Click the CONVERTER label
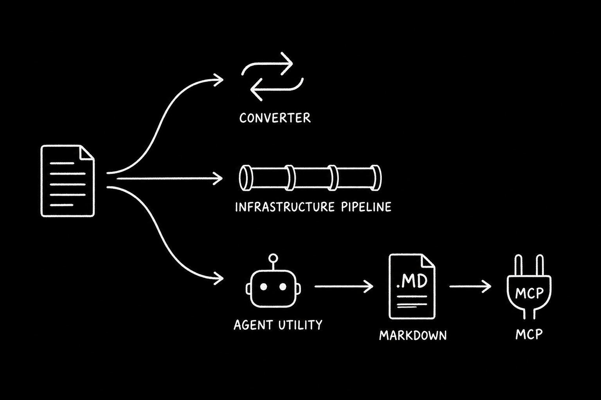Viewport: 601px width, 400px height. pyautogui.click(x=275, y=118)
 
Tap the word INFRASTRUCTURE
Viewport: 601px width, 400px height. pyautogui.click(x=284, y=207)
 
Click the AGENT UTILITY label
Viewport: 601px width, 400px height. pyautogui.click(x=278, y=325)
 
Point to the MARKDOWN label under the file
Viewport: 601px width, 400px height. pyautogui.click(x=413, y=335)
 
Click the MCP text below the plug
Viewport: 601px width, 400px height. pyautogui.click(x=529, y=334)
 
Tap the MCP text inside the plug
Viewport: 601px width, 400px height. pyautogui.click(x=529, y=293)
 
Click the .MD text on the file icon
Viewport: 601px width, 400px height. pyautogui.click(x=411, y=281)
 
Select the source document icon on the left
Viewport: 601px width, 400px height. pyautogui.click(x=67, y=181)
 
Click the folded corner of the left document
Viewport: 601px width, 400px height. pyautogui.click(x=87, y=152)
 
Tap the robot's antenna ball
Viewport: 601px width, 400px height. pyautogui.click(x=273, y=258)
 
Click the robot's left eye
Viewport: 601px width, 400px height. pyautogui.click(x=263, y=287)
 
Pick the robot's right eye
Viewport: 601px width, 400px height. pyautogui.click(x=283, y=287)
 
